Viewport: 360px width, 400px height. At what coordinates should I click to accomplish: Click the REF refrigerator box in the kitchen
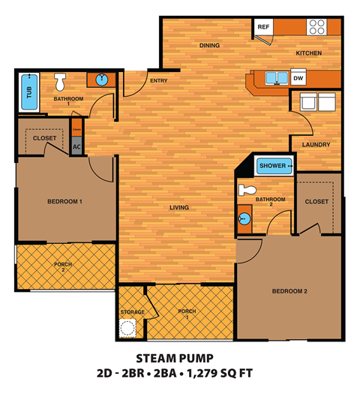pos(263,27)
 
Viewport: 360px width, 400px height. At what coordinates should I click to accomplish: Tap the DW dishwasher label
pos(298,78)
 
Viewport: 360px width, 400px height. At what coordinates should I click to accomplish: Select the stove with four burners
pos(316,27)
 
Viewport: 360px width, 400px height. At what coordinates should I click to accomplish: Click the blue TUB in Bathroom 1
pos(29,92)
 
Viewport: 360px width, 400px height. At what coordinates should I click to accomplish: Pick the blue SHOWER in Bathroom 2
pos(273,166)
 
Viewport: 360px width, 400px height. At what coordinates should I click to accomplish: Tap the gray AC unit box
pos(76,147)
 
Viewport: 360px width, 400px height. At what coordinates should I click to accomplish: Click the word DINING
pos(210,45)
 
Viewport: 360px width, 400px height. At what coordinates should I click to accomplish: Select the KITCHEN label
pos(308,53)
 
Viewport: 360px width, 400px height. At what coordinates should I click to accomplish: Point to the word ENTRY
pos(158,80)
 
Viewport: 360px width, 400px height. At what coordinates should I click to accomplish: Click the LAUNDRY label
pos(316,144)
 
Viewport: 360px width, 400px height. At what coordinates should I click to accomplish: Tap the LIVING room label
pos(179,207)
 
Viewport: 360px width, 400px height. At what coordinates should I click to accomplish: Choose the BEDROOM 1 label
pos(64,201)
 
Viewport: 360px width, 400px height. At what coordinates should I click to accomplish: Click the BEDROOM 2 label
pos(289,291)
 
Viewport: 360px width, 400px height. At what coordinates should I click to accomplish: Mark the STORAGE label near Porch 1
pos(132,312)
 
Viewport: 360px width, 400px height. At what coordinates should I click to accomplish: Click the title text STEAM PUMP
pos(175,359)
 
